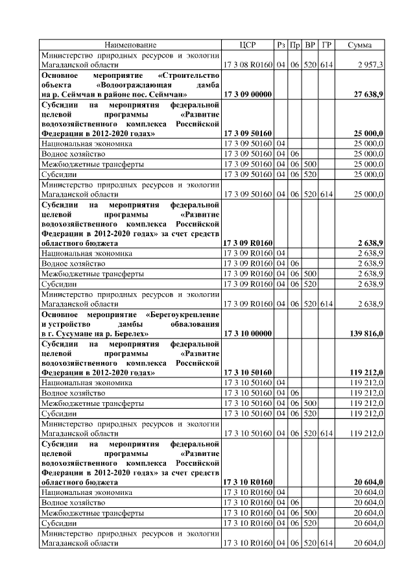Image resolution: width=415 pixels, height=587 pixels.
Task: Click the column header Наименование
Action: (130, 45)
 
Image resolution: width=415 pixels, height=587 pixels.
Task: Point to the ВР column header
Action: (311, 45)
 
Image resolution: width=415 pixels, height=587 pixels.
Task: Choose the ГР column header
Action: (326, 45)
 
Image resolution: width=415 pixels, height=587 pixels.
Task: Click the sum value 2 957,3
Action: (370, 66)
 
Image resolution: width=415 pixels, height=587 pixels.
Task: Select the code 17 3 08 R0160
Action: (248, 66)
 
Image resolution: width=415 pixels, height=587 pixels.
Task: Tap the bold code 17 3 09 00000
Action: (248, 95)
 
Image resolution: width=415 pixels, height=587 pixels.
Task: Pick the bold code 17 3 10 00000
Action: (248, 333)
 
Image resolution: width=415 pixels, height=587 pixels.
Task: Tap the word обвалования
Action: (196, 324)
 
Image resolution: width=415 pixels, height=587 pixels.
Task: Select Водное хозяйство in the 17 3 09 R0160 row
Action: (73, 264)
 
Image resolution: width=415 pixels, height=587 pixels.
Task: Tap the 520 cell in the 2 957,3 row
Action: (311, 66)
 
